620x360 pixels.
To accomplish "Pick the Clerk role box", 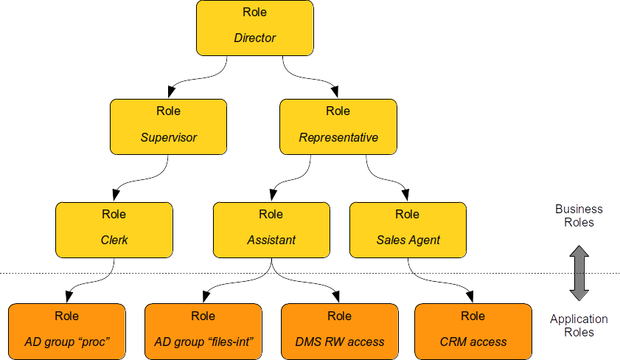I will (x=114, y=229).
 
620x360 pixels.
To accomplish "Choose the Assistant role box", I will (x=271, y=229).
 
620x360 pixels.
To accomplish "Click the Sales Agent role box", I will (x=408, y=229).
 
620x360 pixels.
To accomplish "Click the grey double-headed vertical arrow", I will (x=579, y=272).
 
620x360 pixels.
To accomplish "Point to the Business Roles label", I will (x=579, y=215).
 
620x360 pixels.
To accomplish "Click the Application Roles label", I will (x=579, y=325).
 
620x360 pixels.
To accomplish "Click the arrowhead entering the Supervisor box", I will (x=171, y=92).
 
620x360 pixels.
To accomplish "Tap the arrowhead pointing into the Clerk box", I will (x=115, y=195).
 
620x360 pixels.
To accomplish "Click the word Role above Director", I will (x=254, y=13).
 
